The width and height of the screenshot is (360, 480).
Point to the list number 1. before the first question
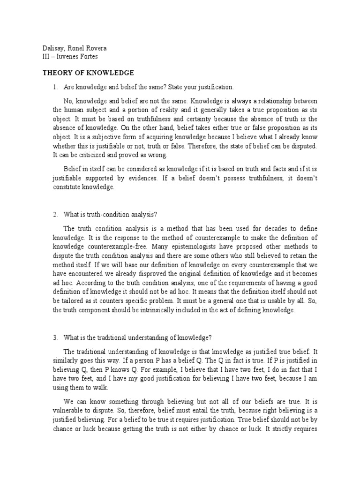(x=55, y=88)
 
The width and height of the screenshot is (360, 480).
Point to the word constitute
(x=67, y=187)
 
